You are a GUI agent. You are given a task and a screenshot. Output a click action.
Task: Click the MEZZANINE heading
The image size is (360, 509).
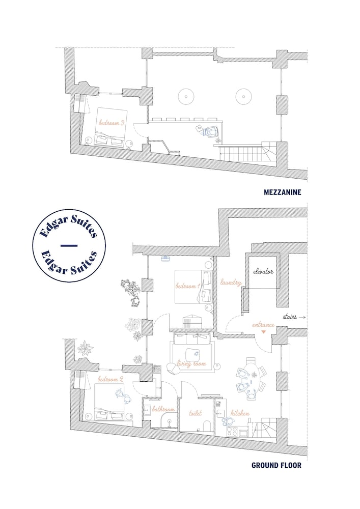tap(283, 192)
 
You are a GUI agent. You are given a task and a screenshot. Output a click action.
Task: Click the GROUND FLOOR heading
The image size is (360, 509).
tap(276, 465)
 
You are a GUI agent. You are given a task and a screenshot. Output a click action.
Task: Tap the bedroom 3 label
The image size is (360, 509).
tap(111, 123)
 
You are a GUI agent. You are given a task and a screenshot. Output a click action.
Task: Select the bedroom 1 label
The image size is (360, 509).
tap(187, 286)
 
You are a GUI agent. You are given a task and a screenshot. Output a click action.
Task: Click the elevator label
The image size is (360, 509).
tap(263, 271)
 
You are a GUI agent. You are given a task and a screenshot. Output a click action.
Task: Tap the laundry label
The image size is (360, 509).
tap(231, 282)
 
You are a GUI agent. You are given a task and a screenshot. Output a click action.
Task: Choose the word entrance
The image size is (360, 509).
tap(263, 325)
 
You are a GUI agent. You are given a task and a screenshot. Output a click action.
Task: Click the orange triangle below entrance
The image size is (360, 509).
tap(263, 332)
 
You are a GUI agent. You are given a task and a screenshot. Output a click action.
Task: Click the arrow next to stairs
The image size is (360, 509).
tap(302, 317)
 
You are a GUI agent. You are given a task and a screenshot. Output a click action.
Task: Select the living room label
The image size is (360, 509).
tap(192, 364)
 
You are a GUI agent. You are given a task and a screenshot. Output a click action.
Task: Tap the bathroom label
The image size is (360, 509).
tap(163, 409)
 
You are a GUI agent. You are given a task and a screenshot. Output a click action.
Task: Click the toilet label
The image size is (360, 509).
tap(196, 413)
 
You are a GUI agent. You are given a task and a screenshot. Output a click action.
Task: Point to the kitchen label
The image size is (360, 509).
tap(240, 413)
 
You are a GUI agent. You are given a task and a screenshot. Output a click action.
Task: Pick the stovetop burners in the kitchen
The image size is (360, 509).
tap(232, 431)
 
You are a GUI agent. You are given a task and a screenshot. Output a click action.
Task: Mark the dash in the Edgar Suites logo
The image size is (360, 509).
tap(69, 245)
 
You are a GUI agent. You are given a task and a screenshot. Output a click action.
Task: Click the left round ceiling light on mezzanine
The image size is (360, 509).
tap(186, 96)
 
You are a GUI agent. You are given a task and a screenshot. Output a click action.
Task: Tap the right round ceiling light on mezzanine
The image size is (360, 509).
tap(244, 96)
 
